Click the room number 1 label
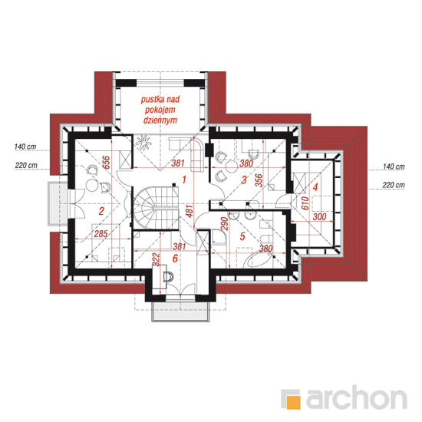pyautogui.click(x=184, y=180)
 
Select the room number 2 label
pyautogui.click(x=101, y=211)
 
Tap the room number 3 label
pyautogui.click(x=244, y=180)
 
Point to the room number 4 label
pyautogui.click(x=315, y=186)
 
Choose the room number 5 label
pyautogui.click(x=242, y=236)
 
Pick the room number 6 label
pyautogui.click(x=175, y=259)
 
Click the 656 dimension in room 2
pyautogui.click(x=107, y=162)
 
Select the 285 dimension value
pyautogui.click(x=101, y=233)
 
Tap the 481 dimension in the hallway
pyautogui.click(x=190, y=211)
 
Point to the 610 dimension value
pyautogui.click(x=305, y=203)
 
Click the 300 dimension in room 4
pyautogui.click(x=319, y=216)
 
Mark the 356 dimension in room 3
pyautogui.click(x=259, y=180)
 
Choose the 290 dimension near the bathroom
pyautogui.click(x=225, y=223)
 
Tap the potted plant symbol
pyautogui.click(x=143, y=143)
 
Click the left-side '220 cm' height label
pyautogui.click(x=26, y=165)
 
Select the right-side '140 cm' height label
pyautogui.click(x=394, y=166)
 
